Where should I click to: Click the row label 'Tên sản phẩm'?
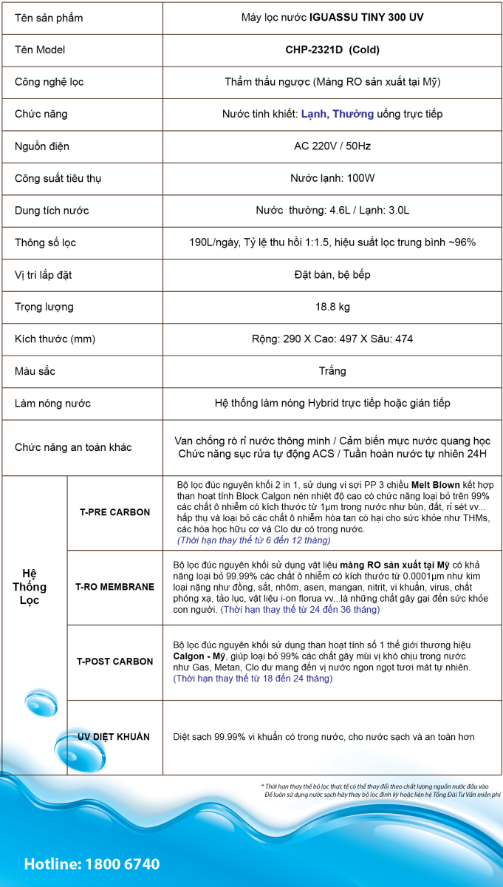point(49,18)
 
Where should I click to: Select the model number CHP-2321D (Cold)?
point(332,50)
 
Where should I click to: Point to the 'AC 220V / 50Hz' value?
point(332,146)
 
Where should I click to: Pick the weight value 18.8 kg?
point(332,307)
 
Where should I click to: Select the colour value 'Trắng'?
point(332,371)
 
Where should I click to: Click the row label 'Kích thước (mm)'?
point(54,339)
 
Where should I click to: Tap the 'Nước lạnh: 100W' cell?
point(332,178)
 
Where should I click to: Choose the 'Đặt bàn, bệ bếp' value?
point(332,275)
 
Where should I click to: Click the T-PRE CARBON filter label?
point(114,512)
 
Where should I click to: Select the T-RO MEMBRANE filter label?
point(114,587)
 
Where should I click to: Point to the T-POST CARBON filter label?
point(114,662)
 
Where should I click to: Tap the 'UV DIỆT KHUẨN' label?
point(114,737)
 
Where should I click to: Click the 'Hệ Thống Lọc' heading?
point(33,587)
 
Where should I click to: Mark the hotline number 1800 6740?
point(122,864)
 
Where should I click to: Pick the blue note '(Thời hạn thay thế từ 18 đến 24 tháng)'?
point(253,678)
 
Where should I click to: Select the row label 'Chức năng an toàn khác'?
point(73,447)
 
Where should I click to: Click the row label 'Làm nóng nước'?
point(52,404)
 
